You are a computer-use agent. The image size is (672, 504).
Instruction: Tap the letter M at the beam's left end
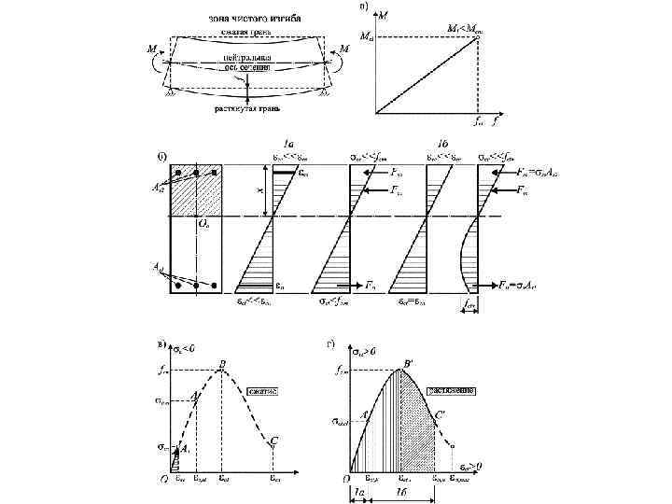tap(150, 49)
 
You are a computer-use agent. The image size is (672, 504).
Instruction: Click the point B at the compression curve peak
tap(222, 364)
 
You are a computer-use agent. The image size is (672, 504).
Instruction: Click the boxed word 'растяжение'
tap(452, 390)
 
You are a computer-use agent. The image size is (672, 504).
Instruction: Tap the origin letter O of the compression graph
tap(161, 482)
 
